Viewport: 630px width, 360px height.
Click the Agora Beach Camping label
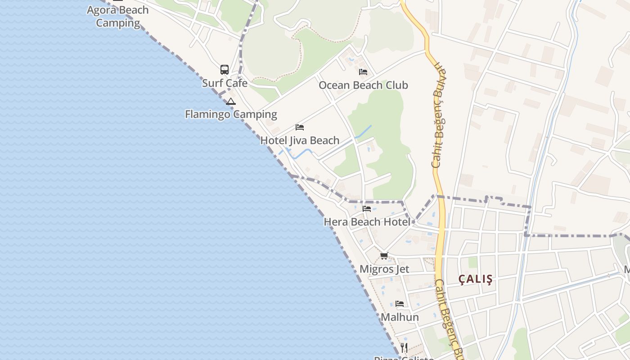pyautogui.click(x=117, y=16)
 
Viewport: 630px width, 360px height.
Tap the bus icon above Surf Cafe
pyautogui.click(x=225, y=70)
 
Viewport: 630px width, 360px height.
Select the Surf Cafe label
pyautogui.click(x=225, y=83)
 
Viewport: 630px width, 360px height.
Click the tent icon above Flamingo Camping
pyautogui.click(x=231, y=101)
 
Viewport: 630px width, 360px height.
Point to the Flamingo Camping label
pyautogui.click(x=231, y=114)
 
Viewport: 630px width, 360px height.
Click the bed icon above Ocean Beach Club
pyautogui.click(x=363, y=72)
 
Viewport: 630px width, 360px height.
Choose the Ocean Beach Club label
pyautogui.click(x=363, y=85)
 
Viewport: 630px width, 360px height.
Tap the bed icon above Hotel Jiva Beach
pyautogui.click(x=300, y=127)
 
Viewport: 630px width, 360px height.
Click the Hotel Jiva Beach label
pyautogui.click(x=300, y=140)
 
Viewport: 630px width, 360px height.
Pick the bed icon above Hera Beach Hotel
pyautogui.click(x=367, y=209)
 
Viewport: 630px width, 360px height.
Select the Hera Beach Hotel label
pyautogui.click(x=367, y=222)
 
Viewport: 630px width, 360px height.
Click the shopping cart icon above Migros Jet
pyautogui.click(x=384, y=256)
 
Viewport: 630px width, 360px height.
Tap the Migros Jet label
pyautogui.click(x=384, y=269)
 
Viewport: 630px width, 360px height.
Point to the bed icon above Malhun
pyautogui.click(x=400, y=304)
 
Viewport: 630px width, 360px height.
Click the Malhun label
pyautogui.click(x=400, y=317)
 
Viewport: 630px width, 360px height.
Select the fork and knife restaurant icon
pyautogui.click(x=404, y=348)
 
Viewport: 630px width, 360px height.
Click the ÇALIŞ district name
pyautogui.click(x=476, y=279)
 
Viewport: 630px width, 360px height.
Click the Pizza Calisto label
pyautogui.click(x=404, y=358)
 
